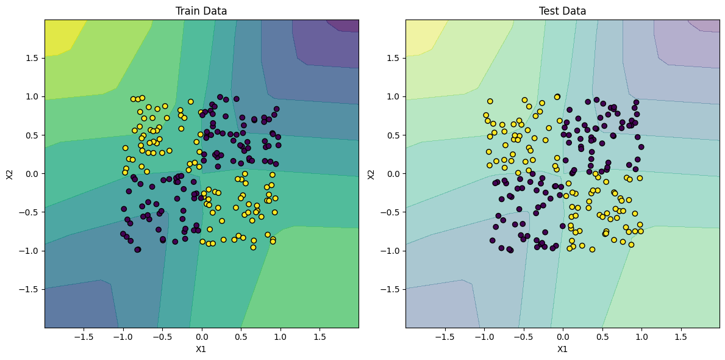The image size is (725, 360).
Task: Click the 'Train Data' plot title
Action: coord(201,11)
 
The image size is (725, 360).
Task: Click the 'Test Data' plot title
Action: coord(562,11)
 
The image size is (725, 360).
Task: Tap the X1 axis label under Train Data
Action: coord(201,350)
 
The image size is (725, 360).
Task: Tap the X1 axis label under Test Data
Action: coord(562,350)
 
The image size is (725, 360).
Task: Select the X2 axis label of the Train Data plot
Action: coord(9,174)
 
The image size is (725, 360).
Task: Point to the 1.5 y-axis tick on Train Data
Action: coord(32,58)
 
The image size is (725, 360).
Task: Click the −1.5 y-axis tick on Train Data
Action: coord(30,289)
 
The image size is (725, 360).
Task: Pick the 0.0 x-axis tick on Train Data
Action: coord(201,336)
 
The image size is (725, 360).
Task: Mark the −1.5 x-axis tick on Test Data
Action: coord(445,336)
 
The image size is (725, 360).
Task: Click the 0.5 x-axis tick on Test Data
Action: coord(602,336)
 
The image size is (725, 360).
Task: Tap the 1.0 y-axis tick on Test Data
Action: coord(393,96)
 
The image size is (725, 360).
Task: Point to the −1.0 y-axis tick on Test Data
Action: coord(391,251)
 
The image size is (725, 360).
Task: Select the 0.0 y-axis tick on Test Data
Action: coord(393,174)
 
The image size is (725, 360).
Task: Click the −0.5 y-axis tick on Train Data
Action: coord(30,212)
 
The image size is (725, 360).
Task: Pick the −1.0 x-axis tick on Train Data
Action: coord(123,336)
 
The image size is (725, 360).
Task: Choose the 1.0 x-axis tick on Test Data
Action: coord(641,336)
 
